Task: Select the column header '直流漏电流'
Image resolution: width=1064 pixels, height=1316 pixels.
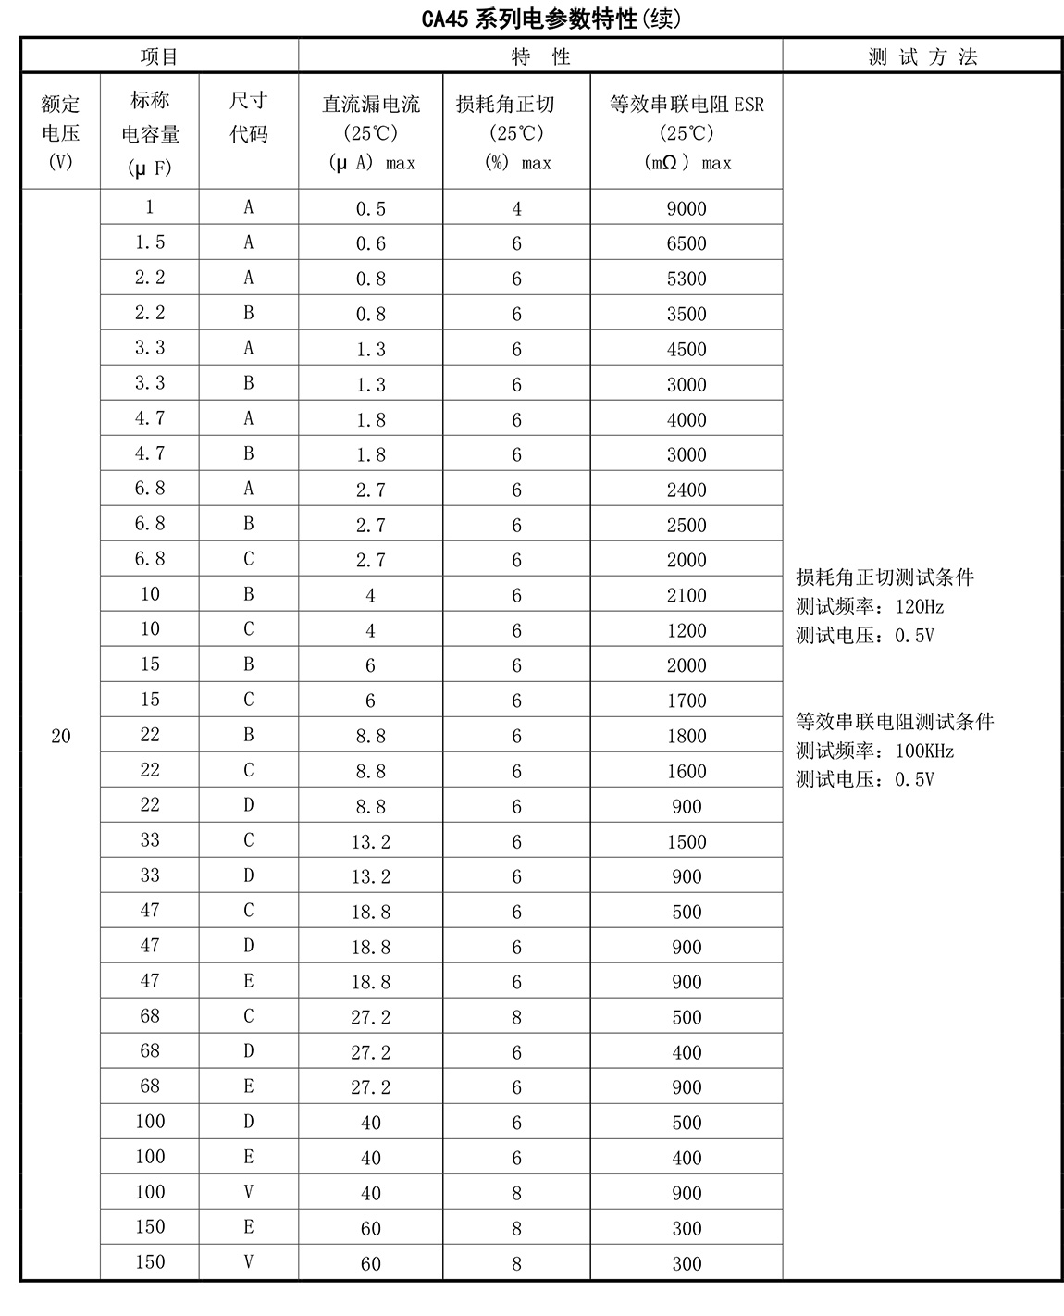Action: pyautogui.click(x=370, y=105)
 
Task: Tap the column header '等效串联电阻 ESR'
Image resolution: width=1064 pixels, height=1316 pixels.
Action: pyautogui.click(x=687, y=105)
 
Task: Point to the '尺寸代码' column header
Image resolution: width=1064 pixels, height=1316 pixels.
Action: pyautogui.click(x=248, y=118)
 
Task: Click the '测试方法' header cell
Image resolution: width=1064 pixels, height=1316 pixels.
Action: pyautogui.click(x=922, y=56)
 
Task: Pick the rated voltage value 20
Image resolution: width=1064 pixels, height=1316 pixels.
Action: pyautogui.click(x=61, y=737)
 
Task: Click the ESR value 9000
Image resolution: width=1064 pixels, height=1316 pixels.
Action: pyautogui.click(x=687, y=209)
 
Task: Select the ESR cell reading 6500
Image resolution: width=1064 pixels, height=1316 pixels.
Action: pyautogui.click(x=687, y=244)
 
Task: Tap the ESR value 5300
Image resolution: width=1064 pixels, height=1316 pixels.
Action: pyautogui.click(x=687, y=279)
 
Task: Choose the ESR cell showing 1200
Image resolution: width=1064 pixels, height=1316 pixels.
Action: pyautogui.click(x=687, y=631)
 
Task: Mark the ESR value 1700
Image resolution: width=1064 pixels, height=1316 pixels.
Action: pyautogui.click(x=687, y=701)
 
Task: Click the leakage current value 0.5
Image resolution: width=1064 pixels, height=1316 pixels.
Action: pyautogui.click(x=370, y=209)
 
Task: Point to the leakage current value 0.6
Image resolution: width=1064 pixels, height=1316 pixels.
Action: pyautogui.click(x=370, y=244)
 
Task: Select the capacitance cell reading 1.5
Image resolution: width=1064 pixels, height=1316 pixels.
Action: pyautogui.click(x=150, y=242)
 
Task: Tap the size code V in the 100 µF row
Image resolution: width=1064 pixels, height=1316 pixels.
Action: pyautogui.click(x=248, y=1192)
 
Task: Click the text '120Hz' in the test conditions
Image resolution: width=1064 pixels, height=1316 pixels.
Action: pyautogui.click(x=920, y=607)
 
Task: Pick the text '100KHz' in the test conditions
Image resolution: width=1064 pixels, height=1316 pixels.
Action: pyautogui.click(x=924, y=751)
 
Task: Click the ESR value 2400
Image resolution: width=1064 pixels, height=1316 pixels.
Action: pyautogui.click(x=687, y=490)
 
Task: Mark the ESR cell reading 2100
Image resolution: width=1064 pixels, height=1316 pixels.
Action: pyautogui.click(x=687, y=596)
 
